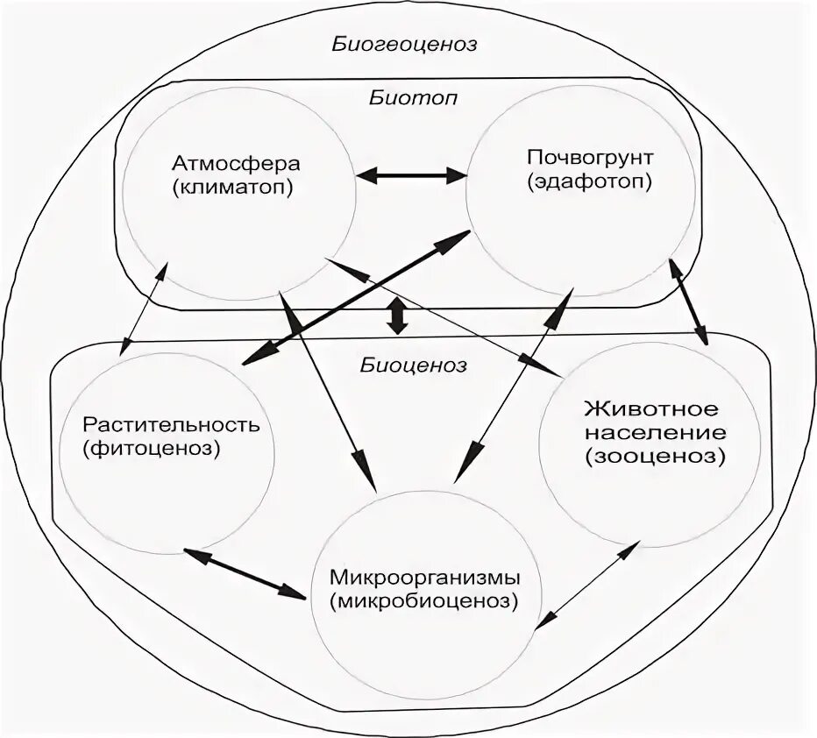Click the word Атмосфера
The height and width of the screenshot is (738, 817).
(x=236, y=164)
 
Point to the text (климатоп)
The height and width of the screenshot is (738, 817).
(x=236, y=187)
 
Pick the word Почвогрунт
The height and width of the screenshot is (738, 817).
(x=579, y=158)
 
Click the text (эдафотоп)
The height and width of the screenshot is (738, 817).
(x=579, y=181)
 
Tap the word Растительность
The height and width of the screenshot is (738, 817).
(x=172, y=425)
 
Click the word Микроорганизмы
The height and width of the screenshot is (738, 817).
(x=426, y=578)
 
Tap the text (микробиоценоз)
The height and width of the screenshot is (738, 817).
(x=425, y=602)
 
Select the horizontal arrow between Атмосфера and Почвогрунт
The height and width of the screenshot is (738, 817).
(x=411, y=175)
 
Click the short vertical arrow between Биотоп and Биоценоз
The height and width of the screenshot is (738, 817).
(x=397, y=316)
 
